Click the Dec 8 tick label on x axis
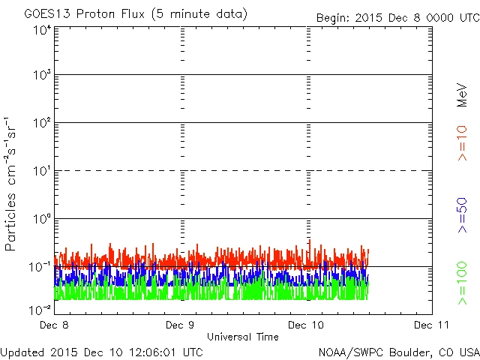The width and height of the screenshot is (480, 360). [55, 325]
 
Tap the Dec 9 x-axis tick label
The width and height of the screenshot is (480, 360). [180, 325]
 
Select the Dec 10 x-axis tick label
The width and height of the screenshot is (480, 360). [307, 325]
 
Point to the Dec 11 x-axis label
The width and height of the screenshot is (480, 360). [431, 325]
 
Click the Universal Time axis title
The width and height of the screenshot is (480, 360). [242, 337]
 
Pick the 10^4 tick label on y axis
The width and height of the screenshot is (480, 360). [42, 30]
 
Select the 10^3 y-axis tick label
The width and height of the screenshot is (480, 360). [42, 76]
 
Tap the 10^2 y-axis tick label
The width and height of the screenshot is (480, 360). [42, 124]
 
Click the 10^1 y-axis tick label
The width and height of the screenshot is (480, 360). [42, 172]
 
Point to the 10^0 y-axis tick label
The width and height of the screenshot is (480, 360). [42, 220]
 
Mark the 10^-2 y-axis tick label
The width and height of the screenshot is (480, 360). [40, 309]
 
